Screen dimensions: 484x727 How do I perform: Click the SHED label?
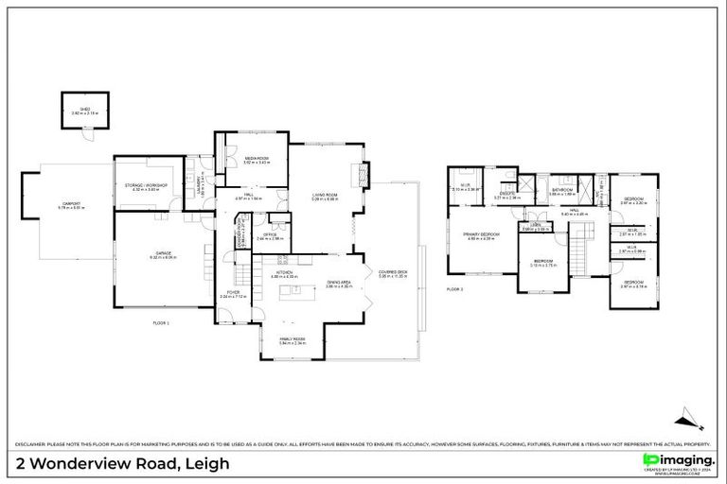pos(84,111)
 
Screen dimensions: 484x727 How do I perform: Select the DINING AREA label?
pos(339,283)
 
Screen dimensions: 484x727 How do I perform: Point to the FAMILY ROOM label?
pos(292,340)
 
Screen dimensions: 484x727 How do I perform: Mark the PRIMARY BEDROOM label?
pos(481,235)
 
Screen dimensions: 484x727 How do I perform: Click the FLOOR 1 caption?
pos(160,323)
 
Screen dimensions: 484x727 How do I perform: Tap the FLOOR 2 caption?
pos(455,289)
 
